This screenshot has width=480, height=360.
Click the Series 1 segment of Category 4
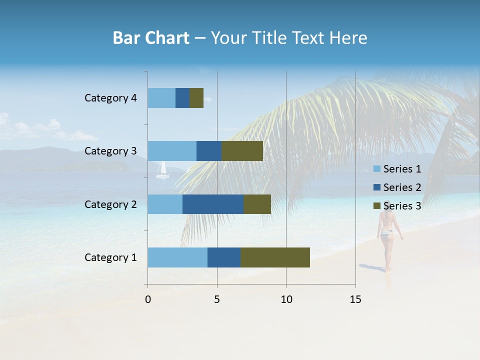click(161, 98)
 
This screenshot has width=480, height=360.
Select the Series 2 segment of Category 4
click(182, 98)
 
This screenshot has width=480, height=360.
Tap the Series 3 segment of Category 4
click(196, 98)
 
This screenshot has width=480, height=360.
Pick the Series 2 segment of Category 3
click(209, 151)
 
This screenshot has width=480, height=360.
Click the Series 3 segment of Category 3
click(242, 151)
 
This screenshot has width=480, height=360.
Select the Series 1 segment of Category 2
click(165, 204)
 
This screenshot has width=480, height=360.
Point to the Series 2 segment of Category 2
click(213, 204)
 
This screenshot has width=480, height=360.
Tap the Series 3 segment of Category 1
click(275, 257)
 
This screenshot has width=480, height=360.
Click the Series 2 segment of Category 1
click(224, 257)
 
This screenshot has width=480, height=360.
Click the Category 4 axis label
click(110, 98)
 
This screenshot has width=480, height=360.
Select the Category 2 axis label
click(110, 204)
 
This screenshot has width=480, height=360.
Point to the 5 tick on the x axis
click(217, 299)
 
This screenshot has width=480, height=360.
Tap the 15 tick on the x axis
click(355, 299)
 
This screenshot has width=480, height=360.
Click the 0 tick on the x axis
click(148, 299)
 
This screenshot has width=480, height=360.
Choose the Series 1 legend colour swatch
click(376, 169)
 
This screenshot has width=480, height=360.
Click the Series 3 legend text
click(402, 206)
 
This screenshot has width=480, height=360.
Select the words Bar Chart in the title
click(151, 38)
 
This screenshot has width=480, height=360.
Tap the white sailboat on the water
click(162, 171)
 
